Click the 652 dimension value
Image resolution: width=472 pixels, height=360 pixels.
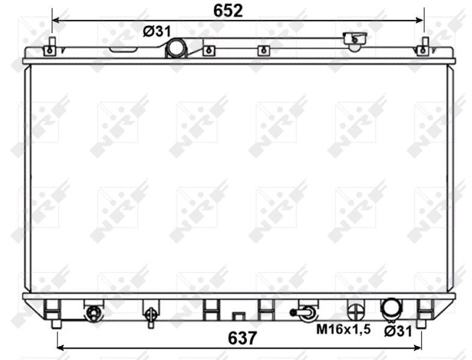pos(228,11)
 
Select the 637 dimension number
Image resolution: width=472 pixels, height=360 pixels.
pos(243,338)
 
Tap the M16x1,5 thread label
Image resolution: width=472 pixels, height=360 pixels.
pos(343,329)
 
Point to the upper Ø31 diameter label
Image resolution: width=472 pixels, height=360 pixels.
pos(157,31)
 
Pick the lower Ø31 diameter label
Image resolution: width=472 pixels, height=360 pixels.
pos(398,331)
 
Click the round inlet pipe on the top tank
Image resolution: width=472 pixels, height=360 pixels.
pos(177,48)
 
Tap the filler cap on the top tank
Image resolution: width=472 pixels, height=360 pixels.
pos(356,41)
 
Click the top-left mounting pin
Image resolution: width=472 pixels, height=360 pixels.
pos(52,41)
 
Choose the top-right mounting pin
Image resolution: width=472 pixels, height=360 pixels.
pos(425,42)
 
